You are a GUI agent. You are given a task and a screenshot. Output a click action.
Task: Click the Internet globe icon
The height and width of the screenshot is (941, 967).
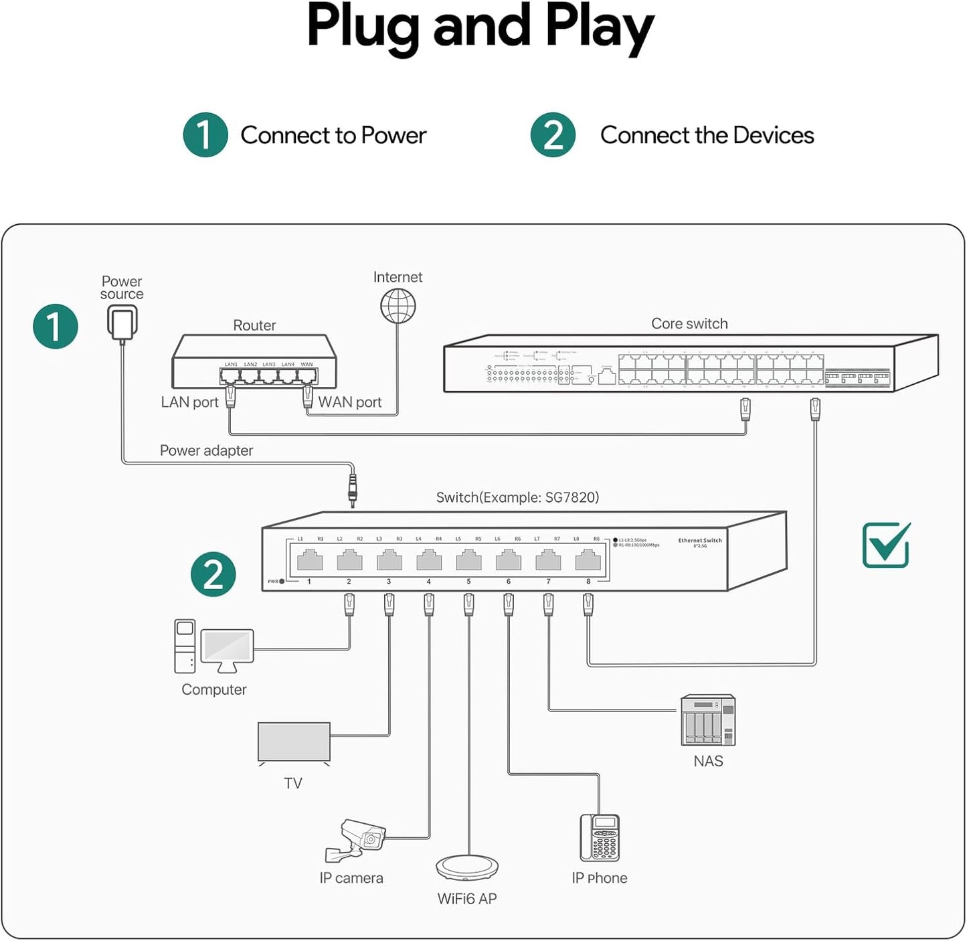click(x=398, y=306)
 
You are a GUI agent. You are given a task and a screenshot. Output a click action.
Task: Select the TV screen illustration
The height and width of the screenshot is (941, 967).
click(x=294, y=742)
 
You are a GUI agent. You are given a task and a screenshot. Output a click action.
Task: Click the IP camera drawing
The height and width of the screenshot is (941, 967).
click(x=355, y=840)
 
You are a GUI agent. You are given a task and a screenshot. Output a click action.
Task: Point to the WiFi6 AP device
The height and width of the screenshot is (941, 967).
click(x=468, y=867)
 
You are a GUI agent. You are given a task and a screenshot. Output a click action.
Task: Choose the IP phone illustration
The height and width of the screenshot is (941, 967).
click(x=600, y=838)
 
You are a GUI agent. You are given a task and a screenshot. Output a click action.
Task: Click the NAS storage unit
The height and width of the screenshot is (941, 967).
click(x=708, y=720)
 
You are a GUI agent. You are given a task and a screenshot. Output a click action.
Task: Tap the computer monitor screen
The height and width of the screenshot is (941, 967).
click(x=228, y=647)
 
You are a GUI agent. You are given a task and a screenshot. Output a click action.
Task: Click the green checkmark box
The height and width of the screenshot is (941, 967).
click(x=886, y=545)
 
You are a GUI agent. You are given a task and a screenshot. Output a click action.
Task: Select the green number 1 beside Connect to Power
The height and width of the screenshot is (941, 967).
click(x=205, y=135)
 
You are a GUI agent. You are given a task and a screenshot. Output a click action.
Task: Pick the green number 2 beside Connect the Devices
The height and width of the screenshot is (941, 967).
click(x=553, y=135)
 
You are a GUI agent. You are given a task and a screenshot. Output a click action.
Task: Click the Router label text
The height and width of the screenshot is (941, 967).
click(x=254, y=325)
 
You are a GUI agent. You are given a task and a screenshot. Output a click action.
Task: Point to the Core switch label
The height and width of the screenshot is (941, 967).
click(x=689, y=324)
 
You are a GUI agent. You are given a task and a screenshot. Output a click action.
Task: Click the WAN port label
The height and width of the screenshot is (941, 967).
click(x=350, y=402)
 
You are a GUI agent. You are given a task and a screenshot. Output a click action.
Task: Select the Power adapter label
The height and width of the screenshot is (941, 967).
click(x=206, y=450)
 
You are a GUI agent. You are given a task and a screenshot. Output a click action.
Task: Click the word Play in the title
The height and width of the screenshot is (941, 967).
click(x=599, y=28)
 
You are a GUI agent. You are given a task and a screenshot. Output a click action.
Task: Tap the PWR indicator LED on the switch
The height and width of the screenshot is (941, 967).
click(x=282, y=582)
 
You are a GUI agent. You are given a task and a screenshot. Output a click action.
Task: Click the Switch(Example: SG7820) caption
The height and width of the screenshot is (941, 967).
click(x=517, y=497)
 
